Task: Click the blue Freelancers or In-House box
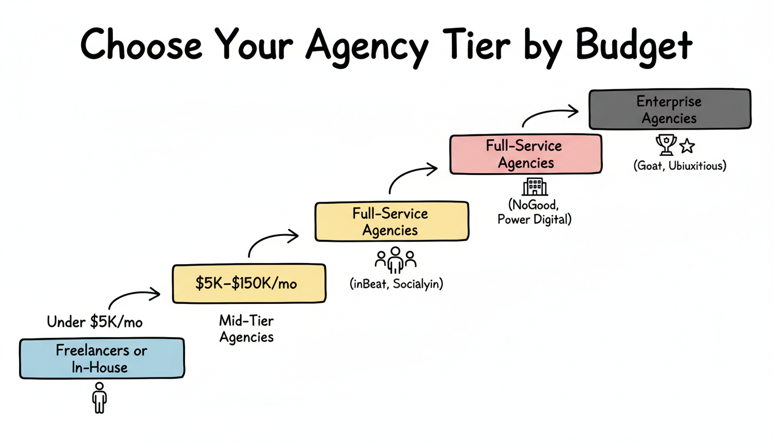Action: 102,359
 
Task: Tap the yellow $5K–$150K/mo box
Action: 249,283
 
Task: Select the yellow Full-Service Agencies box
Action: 391,222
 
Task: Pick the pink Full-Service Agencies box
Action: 526,154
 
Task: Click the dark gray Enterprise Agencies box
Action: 669,109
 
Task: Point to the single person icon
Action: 100,397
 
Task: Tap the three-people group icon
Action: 396,260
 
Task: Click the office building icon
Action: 534,186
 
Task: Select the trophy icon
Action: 666,144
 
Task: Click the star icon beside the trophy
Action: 686,146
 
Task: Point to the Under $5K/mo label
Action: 94,322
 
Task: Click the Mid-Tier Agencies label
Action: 246,329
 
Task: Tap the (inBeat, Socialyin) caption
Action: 396,284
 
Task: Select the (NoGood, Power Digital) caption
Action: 534,212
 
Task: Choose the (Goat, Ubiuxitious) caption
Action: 679,166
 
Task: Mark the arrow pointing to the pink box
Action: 412,176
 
